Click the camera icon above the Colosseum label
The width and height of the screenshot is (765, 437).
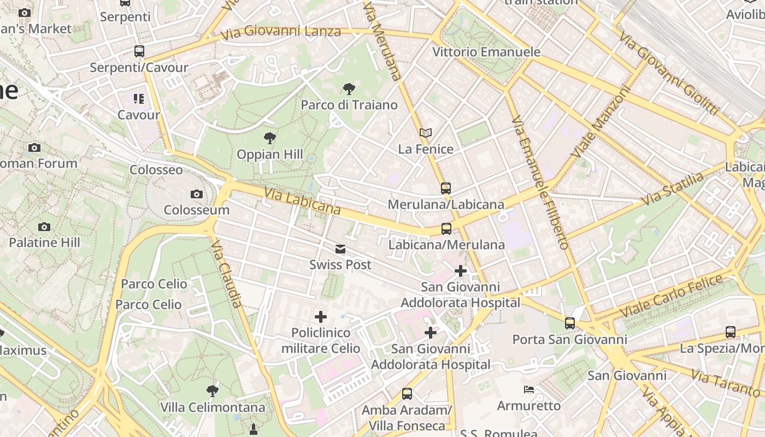[197, 194]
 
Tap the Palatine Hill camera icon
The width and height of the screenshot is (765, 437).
[44, 227]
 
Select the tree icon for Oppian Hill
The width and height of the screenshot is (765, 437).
[269, 138]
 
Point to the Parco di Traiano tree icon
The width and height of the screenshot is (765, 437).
[349, 89]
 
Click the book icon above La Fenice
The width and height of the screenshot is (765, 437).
[426, 133]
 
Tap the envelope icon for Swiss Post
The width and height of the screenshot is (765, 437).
[340, 249]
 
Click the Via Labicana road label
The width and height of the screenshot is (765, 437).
[302, 202]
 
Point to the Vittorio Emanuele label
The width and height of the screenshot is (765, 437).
[486, 52]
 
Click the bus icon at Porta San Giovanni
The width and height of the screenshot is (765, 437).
[570, 323]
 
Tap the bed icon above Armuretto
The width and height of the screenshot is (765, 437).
[529, 389]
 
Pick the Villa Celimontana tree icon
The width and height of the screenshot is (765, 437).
[213, 391]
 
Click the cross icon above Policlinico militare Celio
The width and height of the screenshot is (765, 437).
[321, 317]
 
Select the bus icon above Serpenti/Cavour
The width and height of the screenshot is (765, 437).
[139, 51]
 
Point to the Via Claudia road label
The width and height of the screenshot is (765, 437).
[226, 273]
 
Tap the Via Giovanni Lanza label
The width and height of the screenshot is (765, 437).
[281, 32]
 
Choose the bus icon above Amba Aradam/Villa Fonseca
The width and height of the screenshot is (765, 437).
[407, 394]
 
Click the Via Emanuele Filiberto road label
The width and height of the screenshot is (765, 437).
[540, 183]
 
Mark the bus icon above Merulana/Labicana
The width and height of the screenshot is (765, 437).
[446, 188]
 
